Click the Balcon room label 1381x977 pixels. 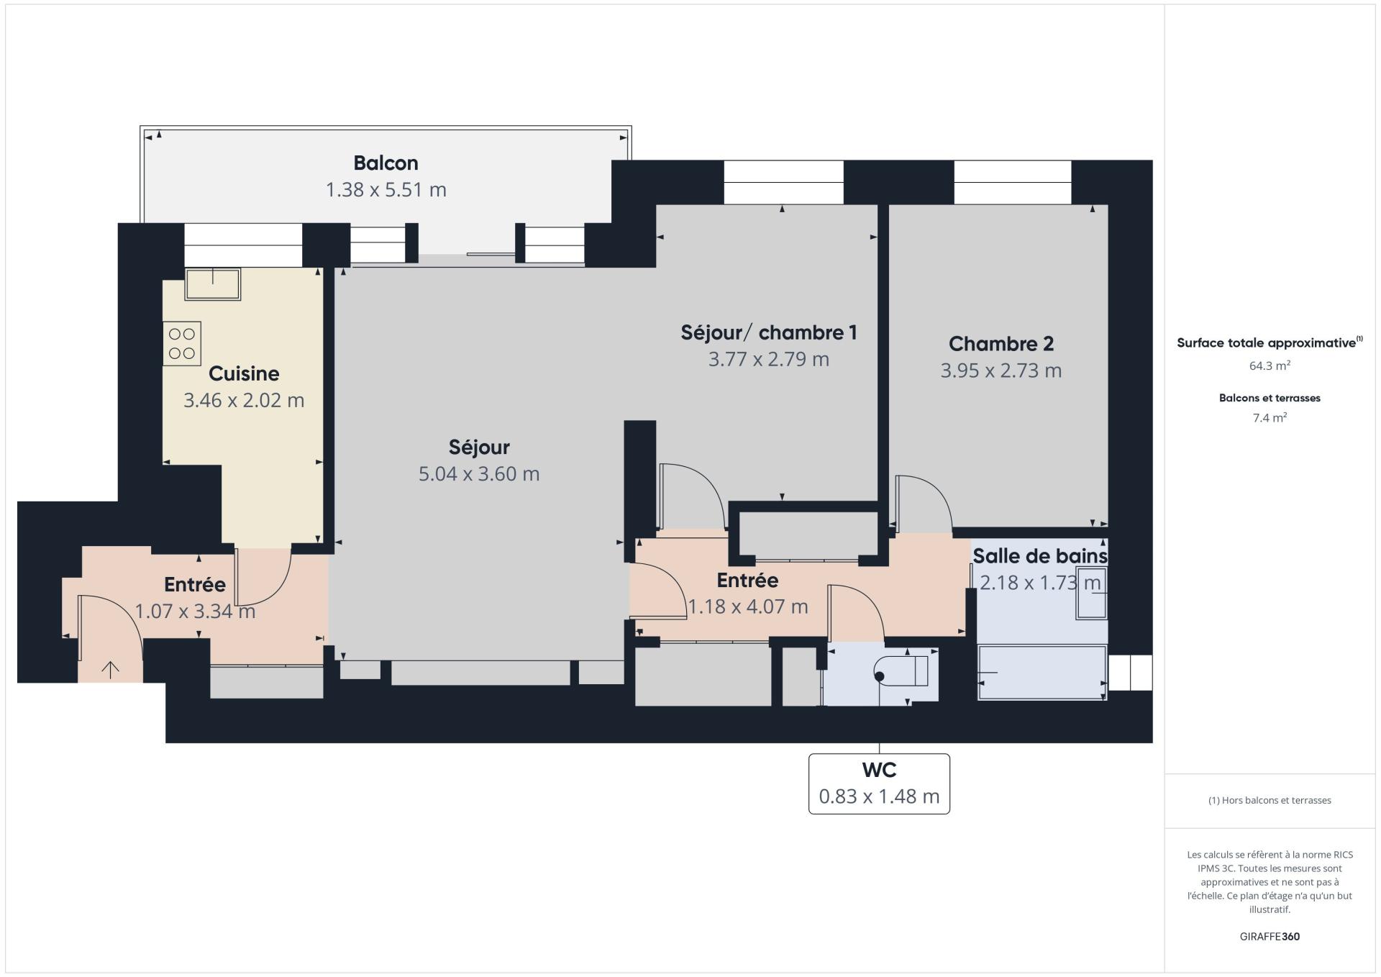386,163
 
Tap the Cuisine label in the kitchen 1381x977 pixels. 244,373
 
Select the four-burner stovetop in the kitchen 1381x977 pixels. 182,344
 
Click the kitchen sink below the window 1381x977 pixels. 213,284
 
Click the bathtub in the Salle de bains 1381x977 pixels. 1042,673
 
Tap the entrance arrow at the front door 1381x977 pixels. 110,670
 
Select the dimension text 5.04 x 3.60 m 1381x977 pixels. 479,474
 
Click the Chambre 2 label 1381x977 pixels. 1001,344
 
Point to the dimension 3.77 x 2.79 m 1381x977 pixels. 769,359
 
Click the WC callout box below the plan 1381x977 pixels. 879,783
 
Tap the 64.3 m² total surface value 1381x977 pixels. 1270,365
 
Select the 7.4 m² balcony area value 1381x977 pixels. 1270,417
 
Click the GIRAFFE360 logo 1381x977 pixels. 1270,937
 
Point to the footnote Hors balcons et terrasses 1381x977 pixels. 1270,800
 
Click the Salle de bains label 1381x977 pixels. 1040,556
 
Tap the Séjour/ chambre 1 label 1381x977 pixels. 769,332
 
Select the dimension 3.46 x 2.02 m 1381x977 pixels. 244,400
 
